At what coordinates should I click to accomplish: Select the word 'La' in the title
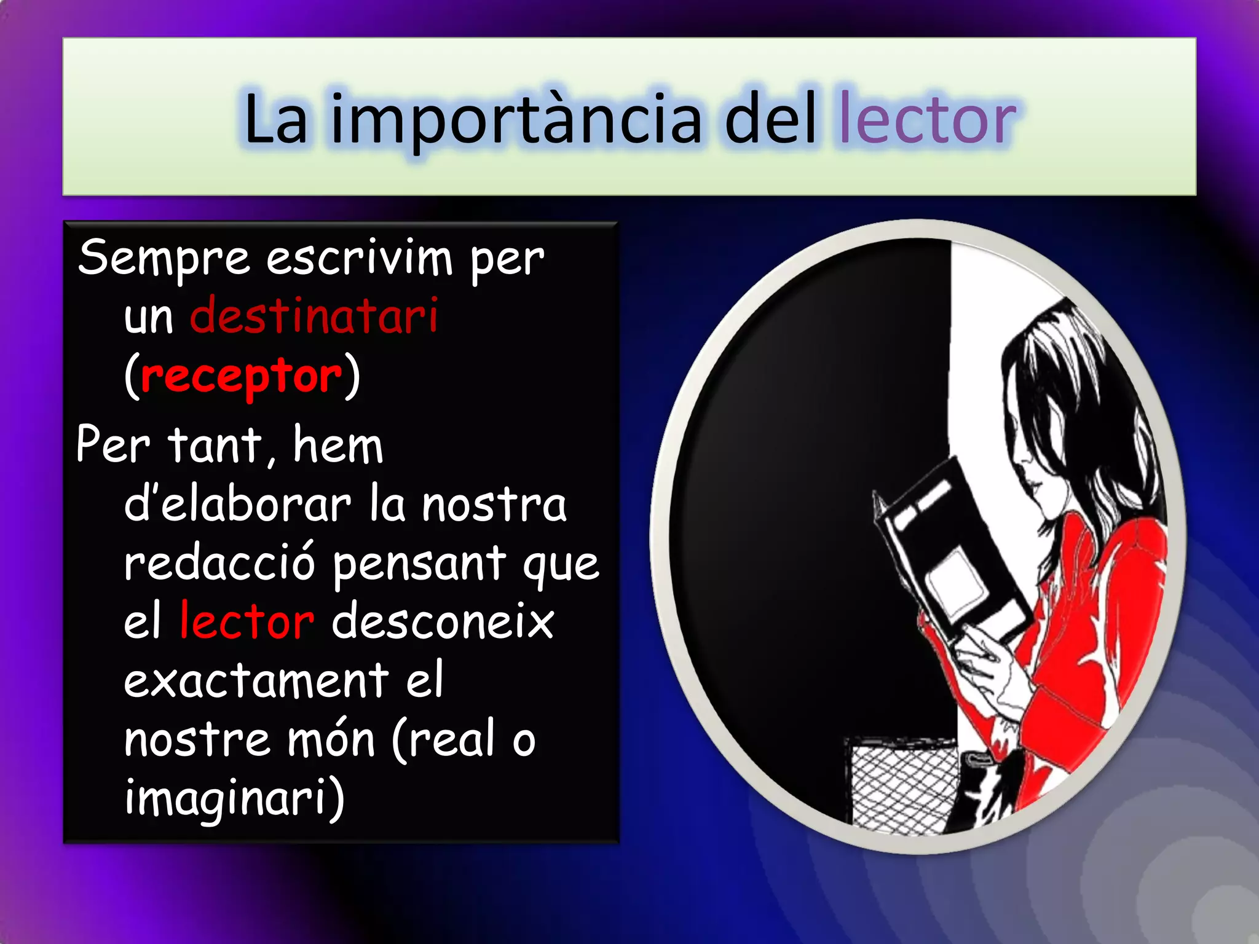(x=275, y=120)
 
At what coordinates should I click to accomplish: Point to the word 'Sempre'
(x=164, y=259)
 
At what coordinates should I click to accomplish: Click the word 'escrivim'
(x=359, y=259)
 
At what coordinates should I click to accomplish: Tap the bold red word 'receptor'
(x=241, y=376)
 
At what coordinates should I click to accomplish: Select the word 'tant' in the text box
(x=215, y=445)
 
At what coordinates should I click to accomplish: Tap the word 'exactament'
(x=256, y=681)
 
